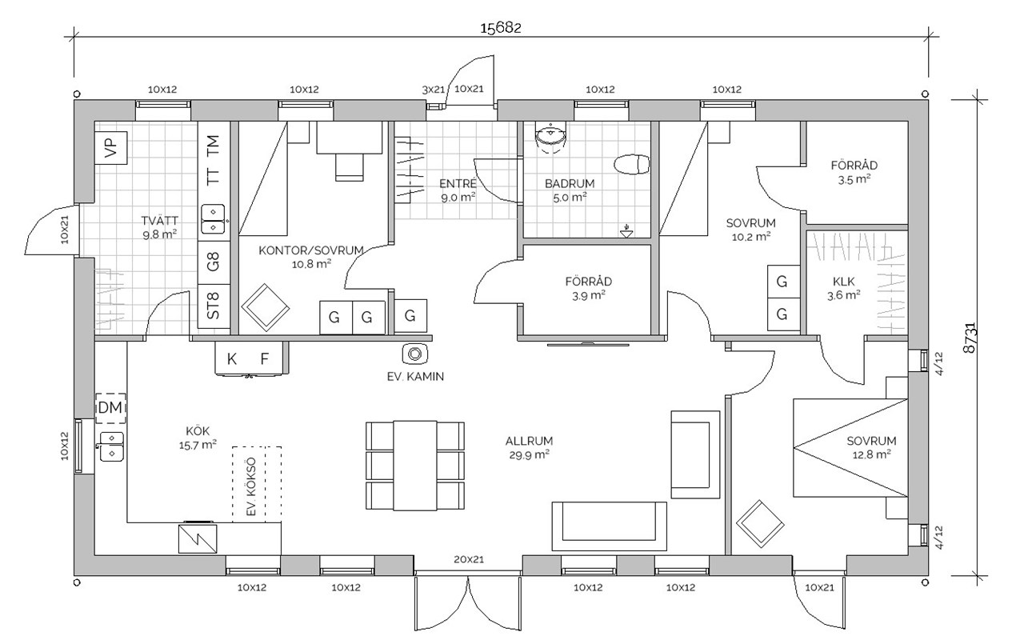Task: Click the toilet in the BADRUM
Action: click(633, 164)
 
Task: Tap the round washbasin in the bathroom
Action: click(550, 138)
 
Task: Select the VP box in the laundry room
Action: click(110, 147)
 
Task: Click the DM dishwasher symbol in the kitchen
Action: click(110, 409)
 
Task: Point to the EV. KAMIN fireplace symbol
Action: click(415, 353)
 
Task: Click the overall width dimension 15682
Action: click(500, 28)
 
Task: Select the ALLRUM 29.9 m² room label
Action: click(529, 447)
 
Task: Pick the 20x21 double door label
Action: click(468, 559)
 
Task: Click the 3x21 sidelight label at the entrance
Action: click(434, 90)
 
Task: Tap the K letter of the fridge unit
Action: click(232, 359)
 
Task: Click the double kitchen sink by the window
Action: click(110, 446)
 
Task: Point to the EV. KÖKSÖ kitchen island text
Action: click(250, 486)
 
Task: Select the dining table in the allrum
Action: click(414, 465)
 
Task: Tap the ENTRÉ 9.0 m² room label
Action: click(458, 190)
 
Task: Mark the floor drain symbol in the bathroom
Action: click(626, 232)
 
